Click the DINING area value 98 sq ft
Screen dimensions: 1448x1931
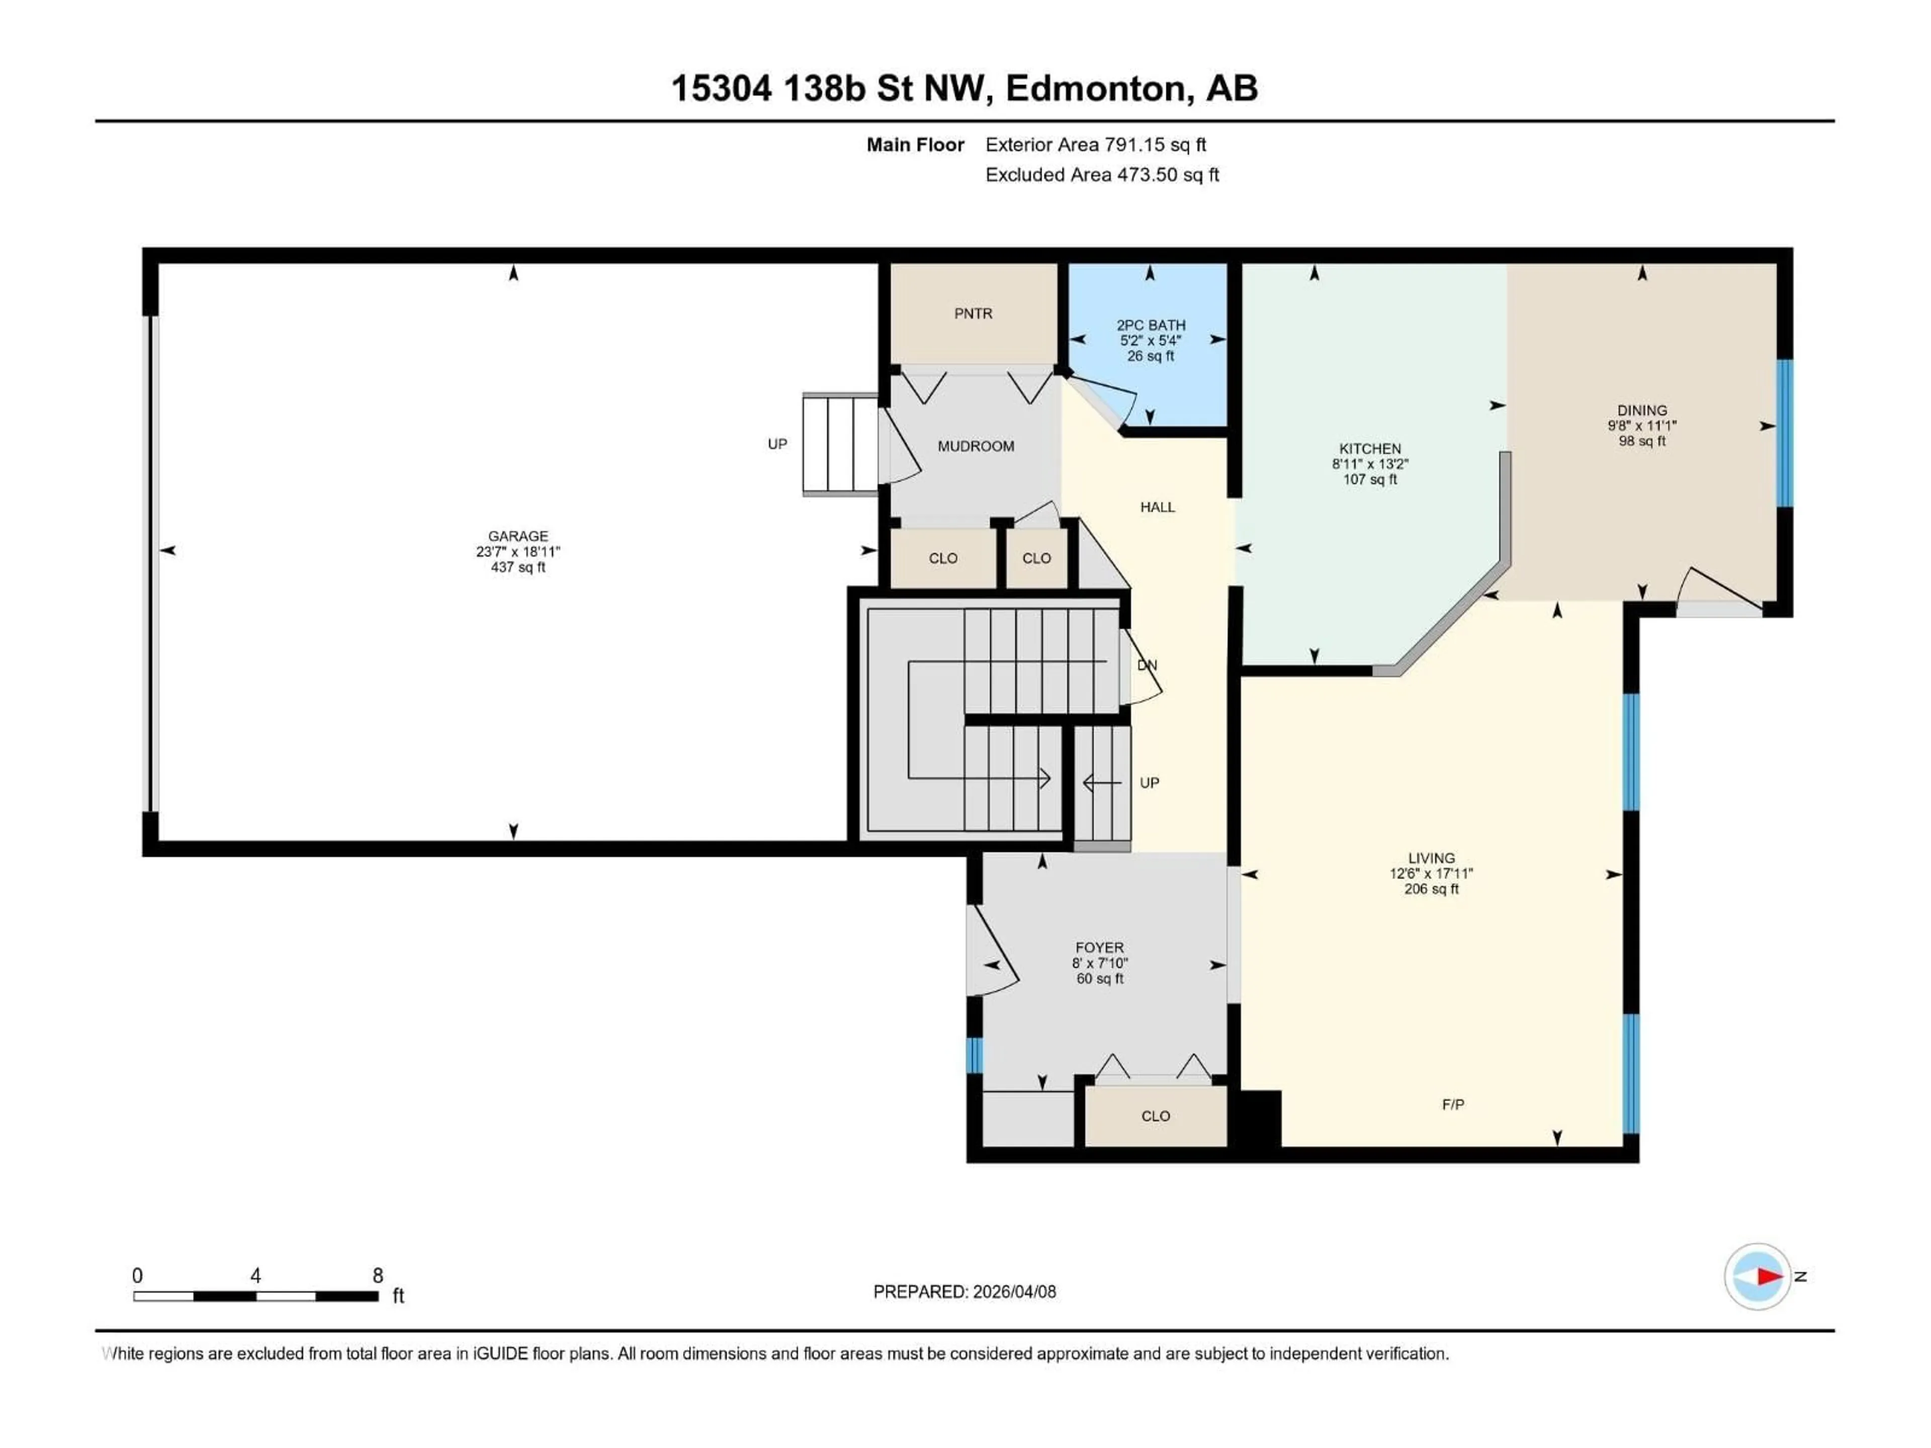(1641, 441)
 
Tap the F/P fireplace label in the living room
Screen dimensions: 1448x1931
(1453, 1104)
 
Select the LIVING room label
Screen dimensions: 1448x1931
(1431, 858)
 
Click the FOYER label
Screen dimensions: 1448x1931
(1099, 947)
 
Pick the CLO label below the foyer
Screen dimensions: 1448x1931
(1155, 1116)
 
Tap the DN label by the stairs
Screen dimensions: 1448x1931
(1147, 665)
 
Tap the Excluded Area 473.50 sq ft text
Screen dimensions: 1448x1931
(1102, 174)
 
